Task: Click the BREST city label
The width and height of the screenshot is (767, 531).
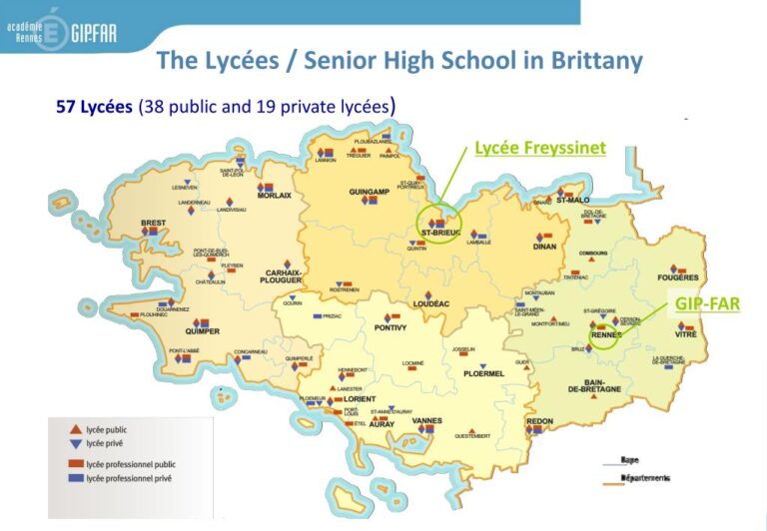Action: [152, 222]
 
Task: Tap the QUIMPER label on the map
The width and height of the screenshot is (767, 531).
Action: [203, 331]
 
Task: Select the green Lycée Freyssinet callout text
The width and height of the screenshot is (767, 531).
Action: [539, 148]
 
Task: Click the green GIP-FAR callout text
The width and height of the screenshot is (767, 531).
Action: [707, 302]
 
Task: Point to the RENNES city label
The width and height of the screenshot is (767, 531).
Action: [606, 334]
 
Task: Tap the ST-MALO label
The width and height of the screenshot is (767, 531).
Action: [573, 200]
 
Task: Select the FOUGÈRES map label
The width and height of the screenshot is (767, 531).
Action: [678, 276]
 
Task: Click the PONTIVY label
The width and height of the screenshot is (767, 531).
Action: [389, 327]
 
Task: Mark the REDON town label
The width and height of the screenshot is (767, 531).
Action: [540, 421]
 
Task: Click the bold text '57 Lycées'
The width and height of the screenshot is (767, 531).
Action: [94, 106]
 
